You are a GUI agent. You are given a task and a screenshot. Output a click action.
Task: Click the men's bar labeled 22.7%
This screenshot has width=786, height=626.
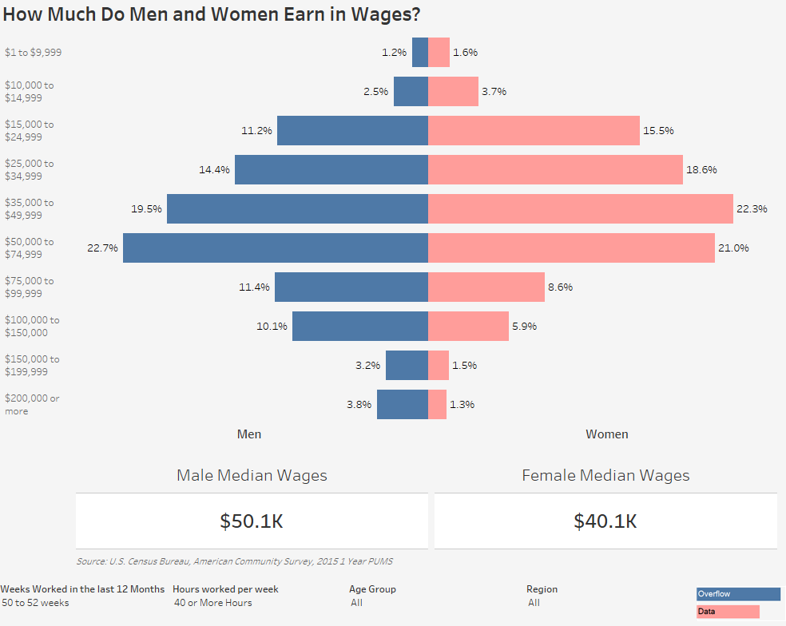(x=276, y=248)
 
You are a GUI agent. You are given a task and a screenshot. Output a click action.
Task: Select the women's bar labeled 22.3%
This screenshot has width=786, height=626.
(x=581, y=208)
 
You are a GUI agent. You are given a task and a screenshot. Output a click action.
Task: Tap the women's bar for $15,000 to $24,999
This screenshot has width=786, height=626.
(x=534, y=130)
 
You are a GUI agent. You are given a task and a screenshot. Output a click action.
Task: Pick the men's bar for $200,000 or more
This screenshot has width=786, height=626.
(x=403, y=404)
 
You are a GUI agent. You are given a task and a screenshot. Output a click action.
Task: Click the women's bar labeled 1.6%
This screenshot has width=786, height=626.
(x=439, y=52)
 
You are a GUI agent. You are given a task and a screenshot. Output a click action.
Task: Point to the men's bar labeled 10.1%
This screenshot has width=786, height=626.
(x=360, y=326)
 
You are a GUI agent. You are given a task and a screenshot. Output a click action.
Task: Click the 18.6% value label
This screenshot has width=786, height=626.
(x=701, y=169)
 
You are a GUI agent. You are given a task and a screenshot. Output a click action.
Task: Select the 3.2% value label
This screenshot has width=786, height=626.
(x=368, y=365)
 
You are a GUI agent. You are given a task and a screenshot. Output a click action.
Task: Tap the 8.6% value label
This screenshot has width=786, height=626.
(x=560, y=287)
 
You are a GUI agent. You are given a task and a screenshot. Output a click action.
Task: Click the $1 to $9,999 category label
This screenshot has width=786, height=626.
(x=33, y=52)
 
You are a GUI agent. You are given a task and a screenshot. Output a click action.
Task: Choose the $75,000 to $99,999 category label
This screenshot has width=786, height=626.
(x=29, y=287)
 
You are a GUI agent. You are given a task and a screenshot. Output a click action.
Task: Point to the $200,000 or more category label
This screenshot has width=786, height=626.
(x=32, y=405)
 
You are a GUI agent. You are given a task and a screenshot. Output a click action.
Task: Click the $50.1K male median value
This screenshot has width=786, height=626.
(x=252, y=521)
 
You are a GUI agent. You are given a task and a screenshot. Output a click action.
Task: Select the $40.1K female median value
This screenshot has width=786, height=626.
(x=605, y=521)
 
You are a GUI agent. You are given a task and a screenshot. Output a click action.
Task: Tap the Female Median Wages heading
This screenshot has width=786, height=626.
(x=605, y=474)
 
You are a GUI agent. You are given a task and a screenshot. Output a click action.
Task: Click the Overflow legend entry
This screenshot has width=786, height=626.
(x=738, y=594)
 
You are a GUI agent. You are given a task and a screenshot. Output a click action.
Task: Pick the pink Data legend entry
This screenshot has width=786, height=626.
(x=728, y=612)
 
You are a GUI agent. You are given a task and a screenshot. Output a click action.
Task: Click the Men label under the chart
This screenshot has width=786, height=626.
(x=249, y=434)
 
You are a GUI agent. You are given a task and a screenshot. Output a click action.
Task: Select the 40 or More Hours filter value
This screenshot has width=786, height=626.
(x=213, y=602)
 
